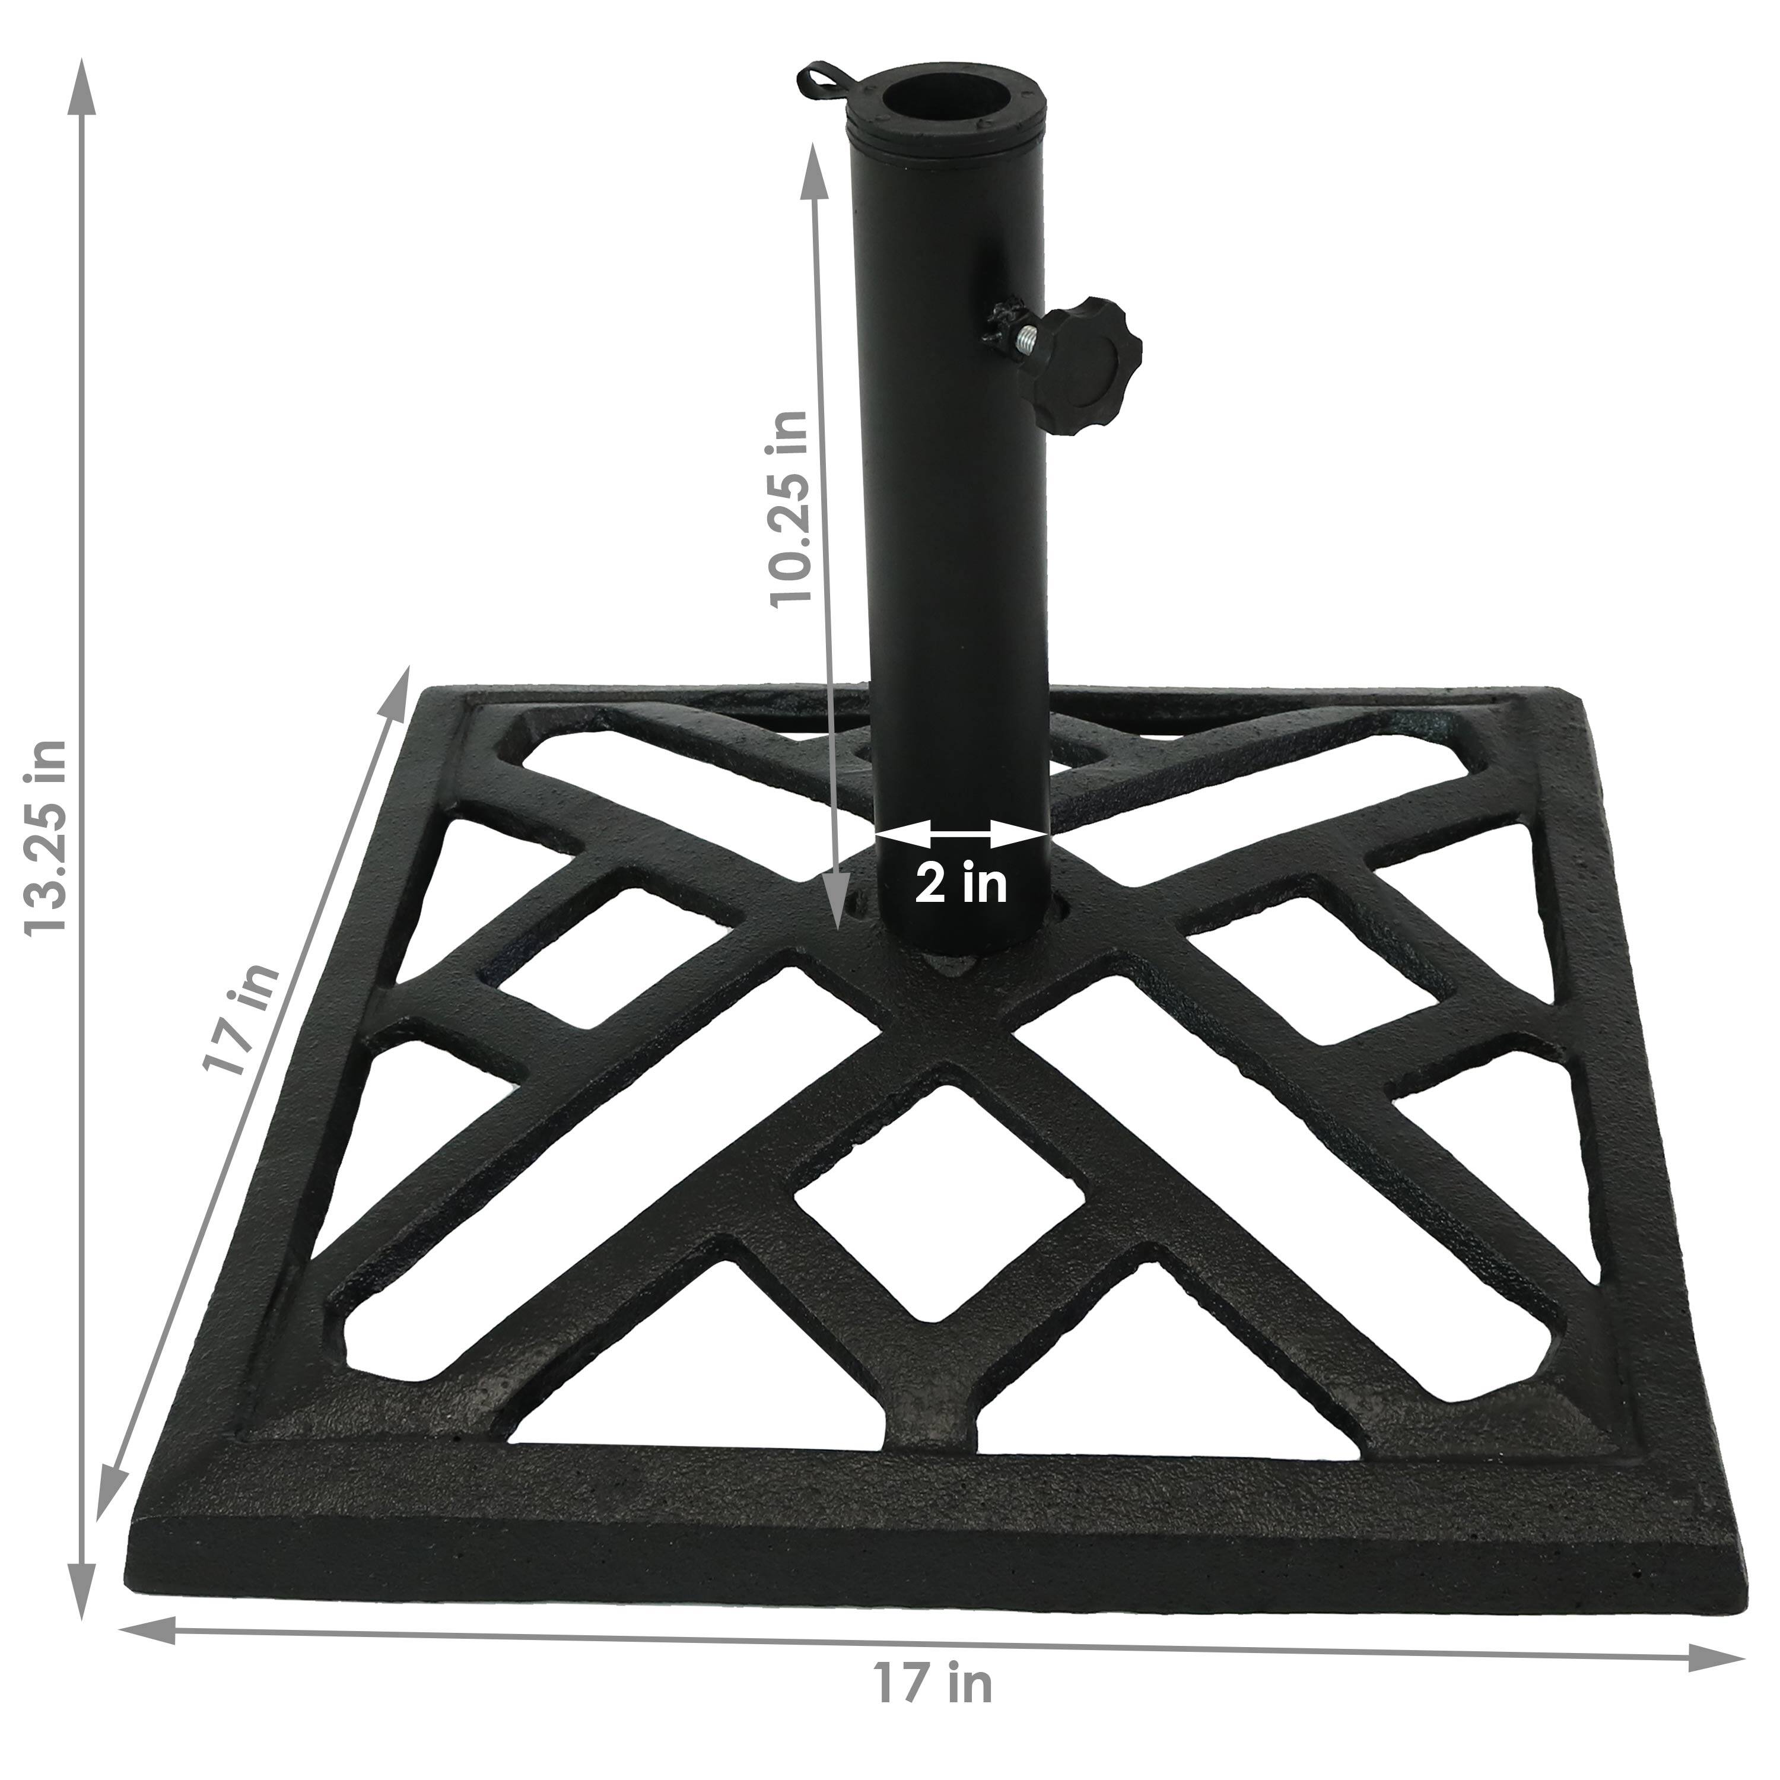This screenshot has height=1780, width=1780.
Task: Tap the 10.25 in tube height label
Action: point(790,507)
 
